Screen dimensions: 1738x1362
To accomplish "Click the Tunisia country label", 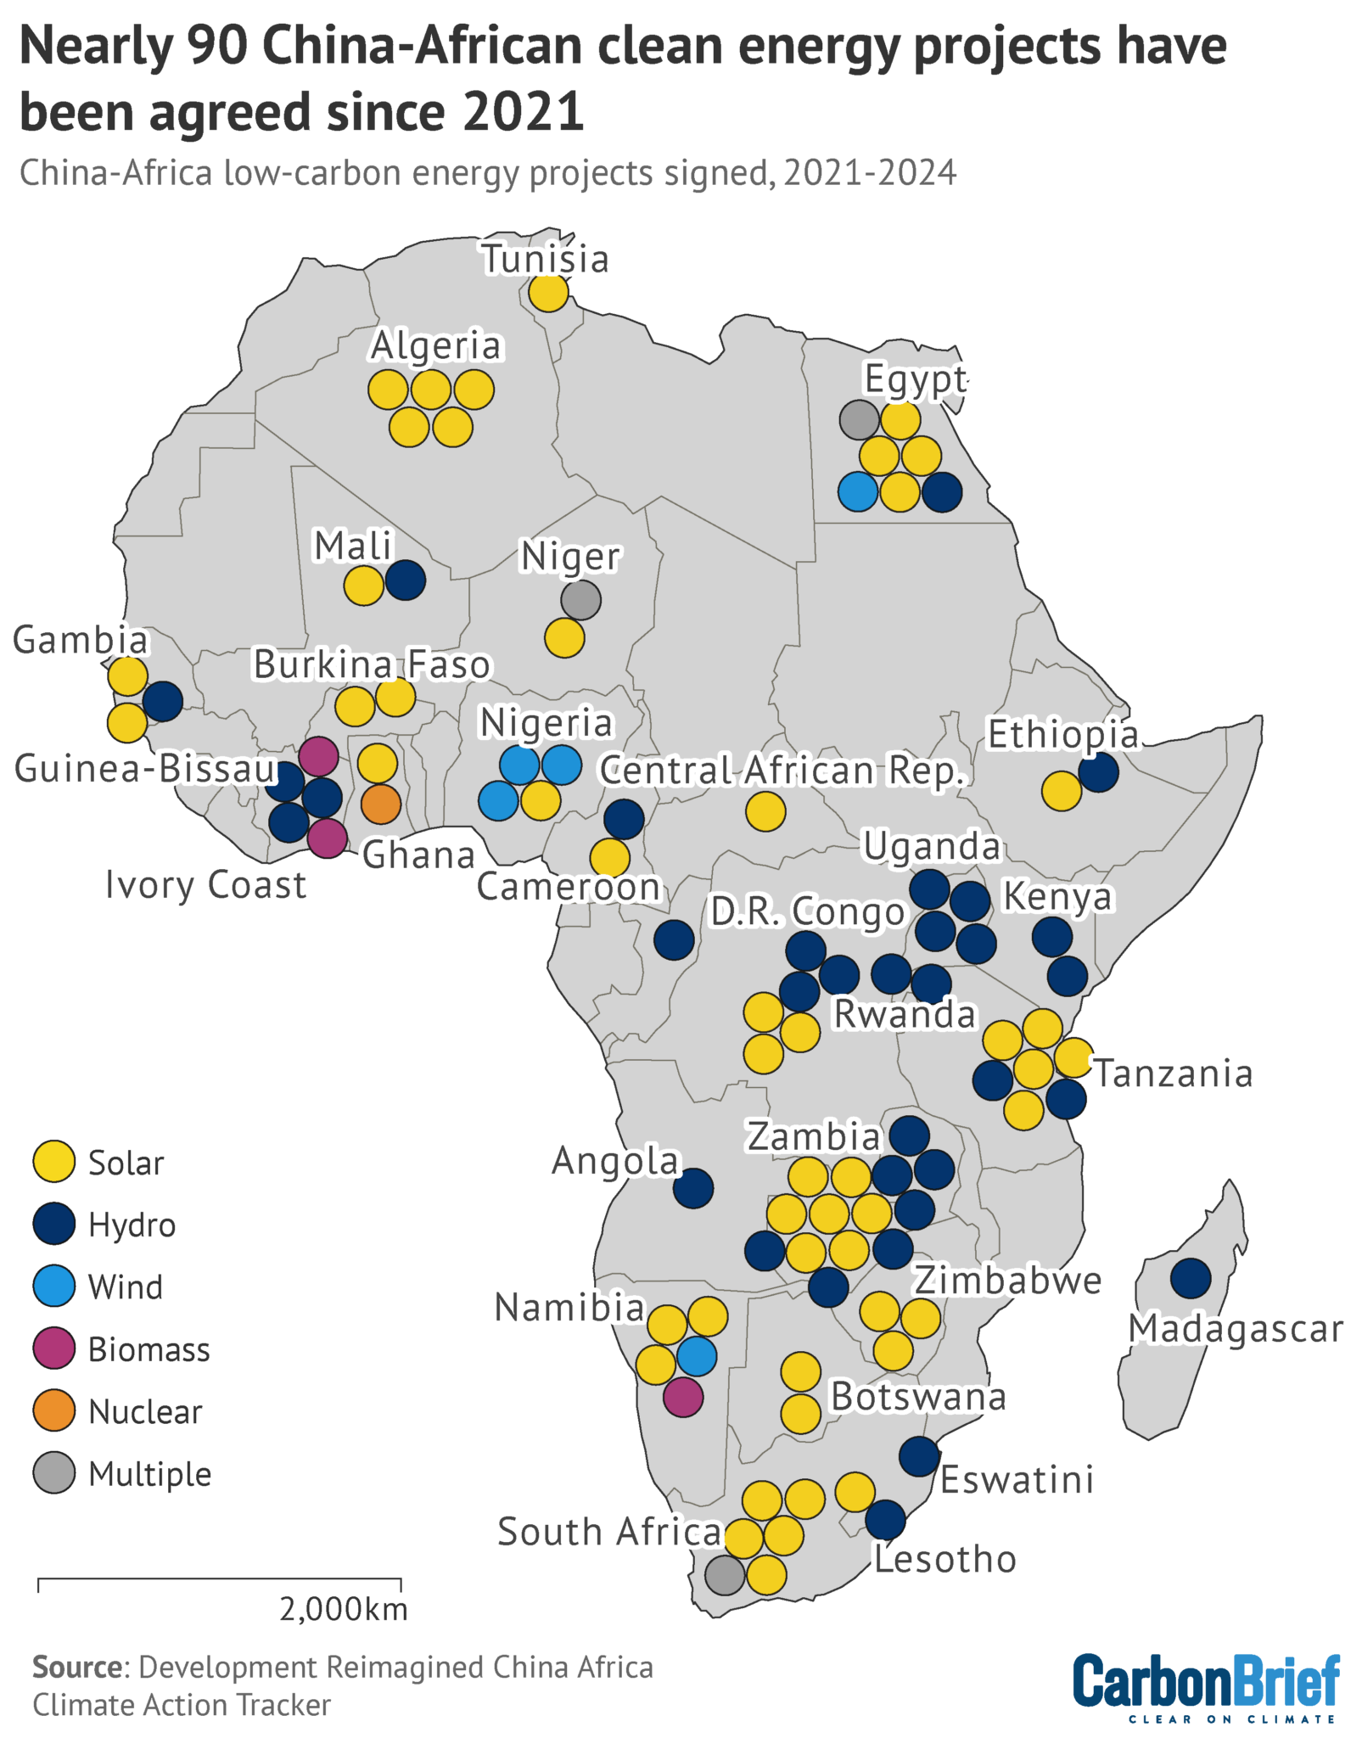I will coord(547,259).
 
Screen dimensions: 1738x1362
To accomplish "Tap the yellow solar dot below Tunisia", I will coord(548,294).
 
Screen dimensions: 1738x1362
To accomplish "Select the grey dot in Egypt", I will coord(859,418).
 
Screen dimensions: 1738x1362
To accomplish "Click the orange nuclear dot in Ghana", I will coord(381,804).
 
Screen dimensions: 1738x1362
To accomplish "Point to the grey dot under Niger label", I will coord(581,600).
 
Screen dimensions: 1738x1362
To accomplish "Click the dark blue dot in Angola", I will coord(693,1188).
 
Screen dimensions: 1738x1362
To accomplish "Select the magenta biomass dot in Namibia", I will coord(683,1397).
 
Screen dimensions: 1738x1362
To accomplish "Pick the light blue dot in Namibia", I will coord(697,1356).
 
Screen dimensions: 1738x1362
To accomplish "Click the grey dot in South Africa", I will coord(725,1575).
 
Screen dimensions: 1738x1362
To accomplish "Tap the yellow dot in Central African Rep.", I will coord(765,811).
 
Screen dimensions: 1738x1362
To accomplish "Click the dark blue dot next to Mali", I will coord(406,581).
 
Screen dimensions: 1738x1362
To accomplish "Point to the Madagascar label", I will coord(1236,1329).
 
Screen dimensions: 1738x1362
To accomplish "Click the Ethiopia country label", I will coord(1062,735).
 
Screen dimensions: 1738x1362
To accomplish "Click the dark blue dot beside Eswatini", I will coord(918,1456).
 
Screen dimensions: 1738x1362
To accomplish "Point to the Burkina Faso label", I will coord(372,664).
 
